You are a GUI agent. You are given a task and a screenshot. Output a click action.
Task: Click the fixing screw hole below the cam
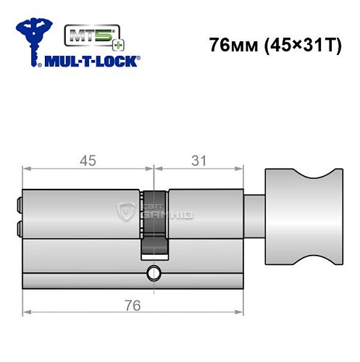point(153,273)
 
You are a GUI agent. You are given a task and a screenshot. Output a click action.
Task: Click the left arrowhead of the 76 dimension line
point(26,313)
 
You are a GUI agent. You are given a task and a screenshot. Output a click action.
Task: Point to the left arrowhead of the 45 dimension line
point(26,169)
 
